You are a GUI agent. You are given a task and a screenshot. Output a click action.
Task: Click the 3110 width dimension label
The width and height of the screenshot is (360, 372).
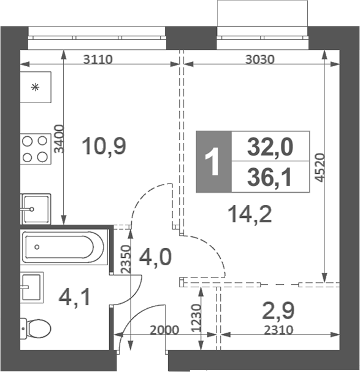98,60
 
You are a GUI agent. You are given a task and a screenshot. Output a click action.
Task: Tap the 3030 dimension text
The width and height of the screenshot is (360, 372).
259,60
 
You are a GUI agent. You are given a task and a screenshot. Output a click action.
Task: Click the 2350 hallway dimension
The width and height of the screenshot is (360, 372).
126,260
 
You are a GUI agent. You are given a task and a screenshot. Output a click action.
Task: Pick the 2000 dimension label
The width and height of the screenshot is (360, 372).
164,330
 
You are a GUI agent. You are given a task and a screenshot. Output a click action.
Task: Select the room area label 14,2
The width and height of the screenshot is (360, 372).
249,214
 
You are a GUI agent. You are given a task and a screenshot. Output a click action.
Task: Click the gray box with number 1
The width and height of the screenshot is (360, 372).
213,161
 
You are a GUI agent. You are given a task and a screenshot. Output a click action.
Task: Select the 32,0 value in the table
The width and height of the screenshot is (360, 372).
270,147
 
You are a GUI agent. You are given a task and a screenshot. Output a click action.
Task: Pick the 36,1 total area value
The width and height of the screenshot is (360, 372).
270,177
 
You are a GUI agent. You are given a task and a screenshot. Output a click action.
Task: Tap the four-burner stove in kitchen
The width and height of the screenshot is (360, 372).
35,149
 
